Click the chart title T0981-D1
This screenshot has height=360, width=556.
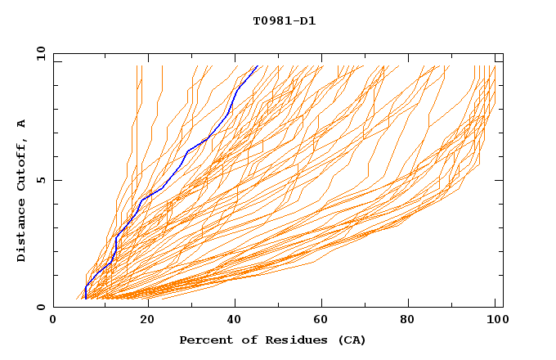click(284, 21)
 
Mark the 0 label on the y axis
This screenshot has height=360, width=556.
click(40, 308)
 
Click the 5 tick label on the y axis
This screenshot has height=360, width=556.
click(40, 180)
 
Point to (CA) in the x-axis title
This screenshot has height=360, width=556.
click(352, 340)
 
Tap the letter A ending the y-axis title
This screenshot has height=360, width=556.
click(22, 123)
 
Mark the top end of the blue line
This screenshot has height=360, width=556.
click(258, 66)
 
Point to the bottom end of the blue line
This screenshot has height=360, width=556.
click(86, 299)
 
